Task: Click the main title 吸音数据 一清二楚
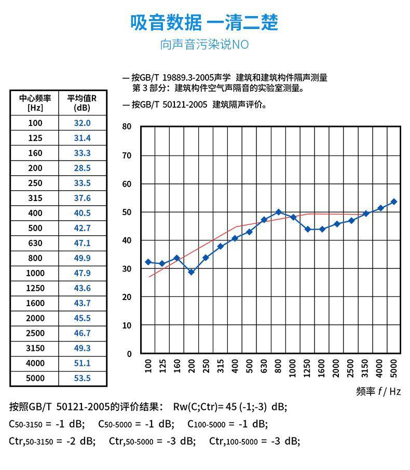[204, 23]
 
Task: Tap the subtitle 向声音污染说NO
[204, 45]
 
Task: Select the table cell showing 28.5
[82, 168]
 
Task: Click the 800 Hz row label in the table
[35, 258]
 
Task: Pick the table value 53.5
[82, 378]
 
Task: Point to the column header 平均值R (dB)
[82, 103]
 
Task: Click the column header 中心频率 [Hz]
[35, 103]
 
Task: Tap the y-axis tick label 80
[127, 127]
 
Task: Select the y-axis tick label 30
[127, 269]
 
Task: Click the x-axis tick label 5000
[393, 367]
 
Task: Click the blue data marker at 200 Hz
[191, 272]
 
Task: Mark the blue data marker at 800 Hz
[279, 212]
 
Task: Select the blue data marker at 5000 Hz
[393, 202]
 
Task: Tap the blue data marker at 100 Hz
[148, 262]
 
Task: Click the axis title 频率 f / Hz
[378, 392]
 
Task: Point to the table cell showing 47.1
[82, 243]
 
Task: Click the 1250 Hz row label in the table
[35, 288]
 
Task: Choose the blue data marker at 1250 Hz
[308, 229]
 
